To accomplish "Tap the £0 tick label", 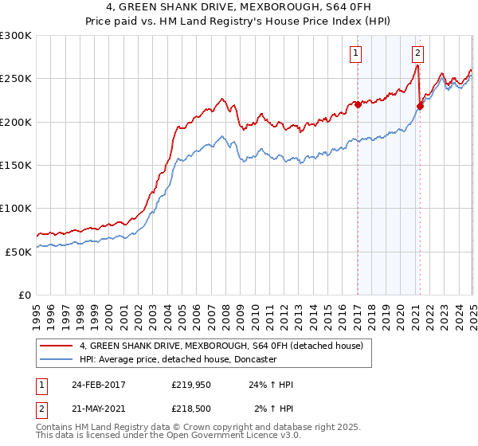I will [25, 295].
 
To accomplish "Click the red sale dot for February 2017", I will [358, 104].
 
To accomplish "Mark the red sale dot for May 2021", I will [420, 105].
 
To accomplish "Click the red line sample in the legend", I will [57, 346].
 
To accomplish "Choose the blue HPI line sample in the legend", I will [57, 359].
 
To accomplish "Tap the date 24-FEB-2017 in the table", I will [99, 385].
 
